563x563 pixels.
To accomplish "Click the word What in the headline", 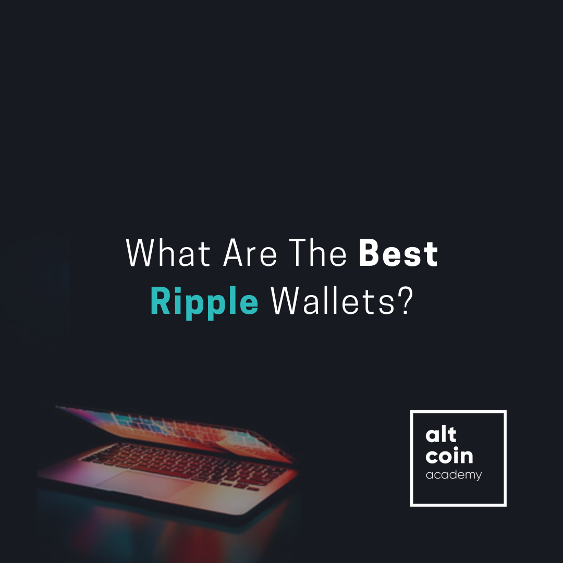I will click(168, 254).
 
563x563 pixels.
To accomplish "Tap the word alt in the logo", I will click(441, 436).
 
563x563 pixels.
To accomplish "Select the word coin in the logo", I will click(449, 456).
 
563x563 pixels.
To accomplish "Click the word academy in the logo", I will click(454, 475).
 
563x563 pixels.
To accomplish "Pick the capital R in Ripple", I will click(160, 301).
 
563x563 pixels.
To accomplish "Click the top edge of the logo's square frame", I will click(458, 412).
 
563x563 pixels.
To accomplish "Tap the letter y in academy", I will click(478, 476).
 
